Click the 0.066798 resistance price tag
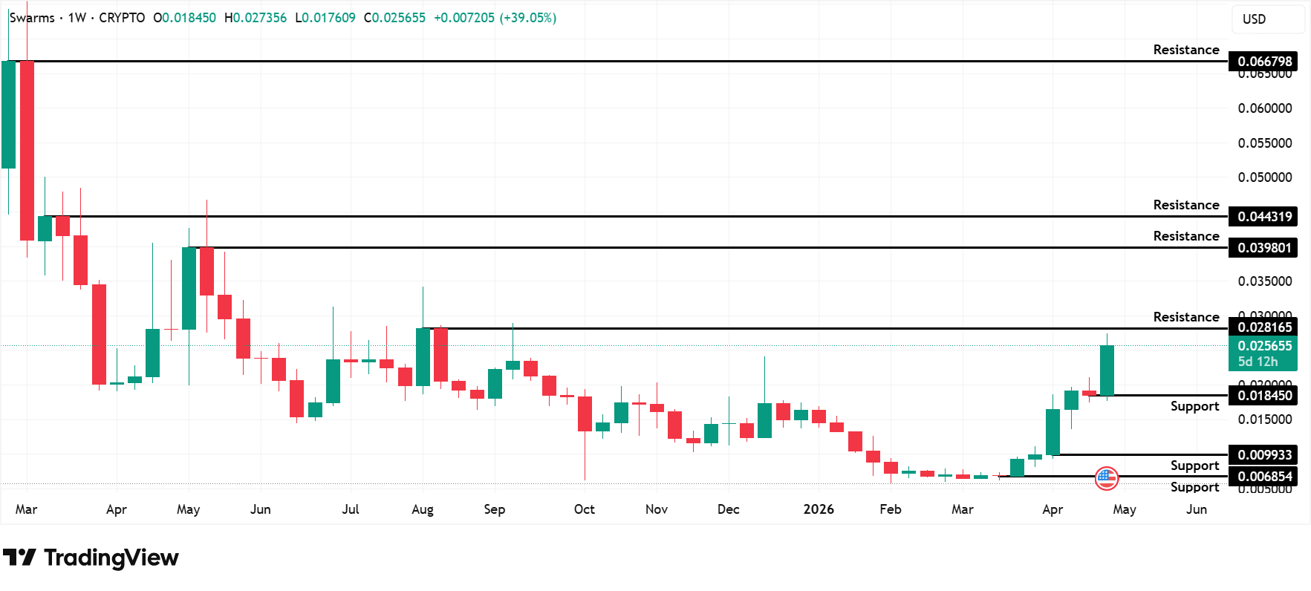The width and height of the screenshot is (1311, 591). pos(1263,61)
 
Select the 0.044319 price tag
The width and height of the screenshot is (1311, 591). pos(1263,216)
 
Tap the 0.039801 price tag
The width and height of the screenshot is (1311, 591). pos(1263,247)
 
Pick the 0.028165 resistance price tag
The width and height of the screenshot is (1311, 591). pos(1263,327)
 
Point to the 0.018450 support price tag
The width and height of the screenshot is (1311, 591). pos(1263,395)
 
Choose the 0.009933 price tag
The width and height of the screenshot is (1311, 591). pos(1263,454)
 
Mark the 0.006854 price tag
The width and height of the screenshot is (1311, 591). pos(1263,476)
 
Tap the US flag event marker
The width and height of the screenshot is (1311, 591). pos(1107,478)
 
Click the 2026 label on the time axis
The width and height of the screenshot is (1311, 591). pos(819,509)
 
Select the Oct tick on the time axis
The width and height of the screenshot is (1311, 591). pos(585,509)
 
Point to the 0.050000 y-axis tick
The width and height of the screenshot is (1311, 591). pos(1264,177)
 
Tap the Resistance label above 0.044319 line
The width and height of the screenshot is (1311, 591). pos(1185,205)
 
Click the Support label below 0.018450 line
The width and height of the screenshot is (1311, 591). pos(1194,406)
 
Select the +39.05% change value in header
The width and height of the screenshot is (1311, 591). pos(528,18)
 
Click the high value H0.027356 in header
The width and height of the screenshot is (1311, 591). pos(256,18)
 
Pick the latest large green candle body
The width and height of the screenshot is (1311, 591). pos(1107,370)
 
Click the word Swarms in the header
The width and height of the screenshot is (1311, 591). pos(32,18)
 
